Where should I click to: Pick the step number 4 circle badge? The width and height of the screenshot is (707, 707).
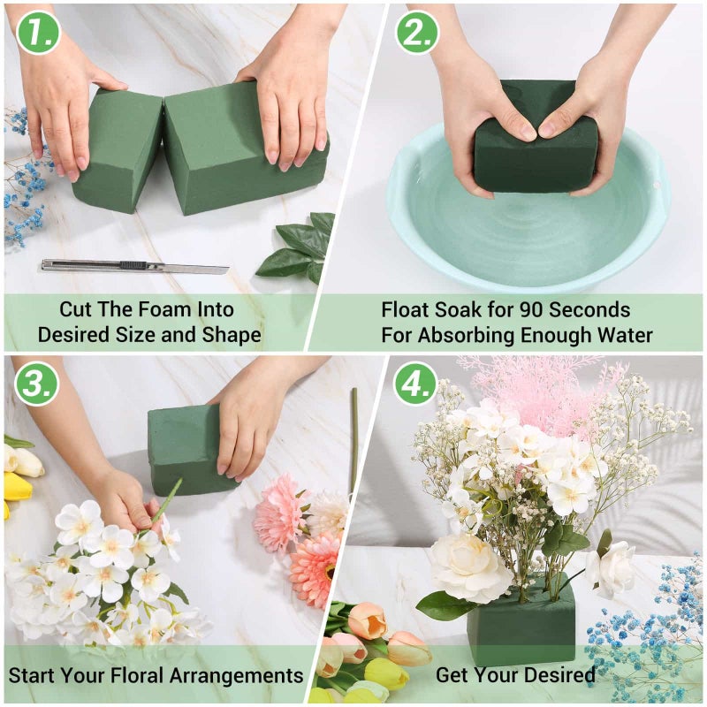click(415, 383)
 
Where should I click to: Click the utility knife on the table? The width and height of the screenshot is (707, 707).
click(133, 266)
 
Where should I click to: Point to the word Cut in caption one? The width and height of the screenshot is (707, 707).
click(77, 310)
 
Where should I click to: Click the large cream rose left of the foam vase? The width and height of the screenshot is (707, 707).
click(469, 566)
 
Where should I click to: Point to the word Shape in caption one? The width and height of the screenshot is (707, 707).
click(232, 336)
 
